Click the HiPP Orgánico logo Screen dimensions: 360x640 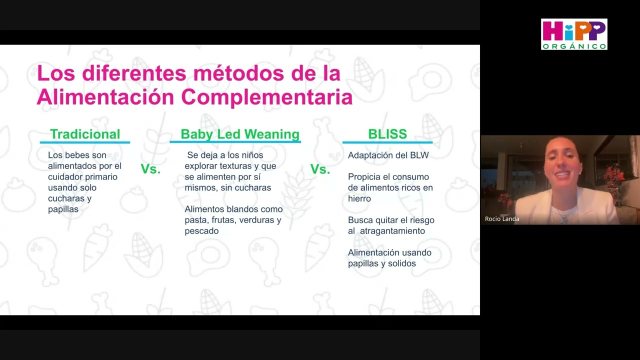tap(574, 34)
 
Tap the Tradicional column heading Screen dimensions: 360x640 tap(85, 134)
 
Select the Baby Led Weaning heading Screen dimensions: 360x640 tap(240, 134)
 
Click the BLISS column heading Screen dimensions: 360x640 tap(387, 134)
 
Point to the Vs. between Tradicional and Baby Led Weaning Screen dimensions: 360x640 tap(150, 169)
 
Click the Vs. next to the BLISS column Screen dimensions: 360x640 tap(320, 169)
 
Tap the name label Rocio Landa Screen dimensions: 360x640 tap(502, 219)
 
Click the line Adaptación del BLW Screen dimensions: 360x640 tap(388, 155)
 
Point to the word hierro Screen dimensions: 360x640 tap(359, 198)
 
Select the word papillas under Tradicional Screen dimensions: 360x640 tap(63, 209)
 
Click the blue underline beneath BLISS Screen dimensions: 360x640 tap(387, 142)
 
